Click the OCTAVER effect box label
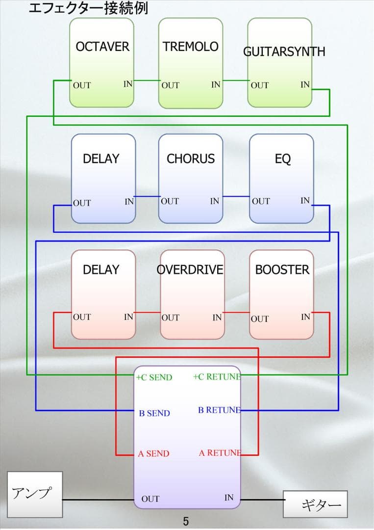click(102, 47)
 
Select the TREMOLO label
click(190, 47)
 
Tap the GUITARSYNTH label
click(284, 52)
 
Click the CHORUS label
click(191, 159)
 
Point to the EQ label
click(282, 159)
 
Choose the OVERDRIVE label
click(190, 269)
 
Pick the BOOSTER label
click(282, 269)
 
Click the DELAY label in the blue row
click(101, 159)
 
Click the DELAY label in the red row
click(101, 269)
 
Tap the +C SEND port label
click(154, 377)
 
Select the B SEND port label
click(154, 413)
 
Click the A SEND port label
click(153, 453)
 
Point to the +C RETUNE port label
click(217, 377)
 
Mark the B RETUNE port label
click(219, 410)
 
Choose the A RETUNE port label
click(220, 453)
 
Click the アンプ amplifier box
click(34, 494)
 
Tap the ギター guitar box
click(315, 504)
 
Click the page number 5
click(186, 521)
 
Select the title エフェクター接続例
click(88, 8)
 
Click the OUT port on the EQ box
click(261, 201)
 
